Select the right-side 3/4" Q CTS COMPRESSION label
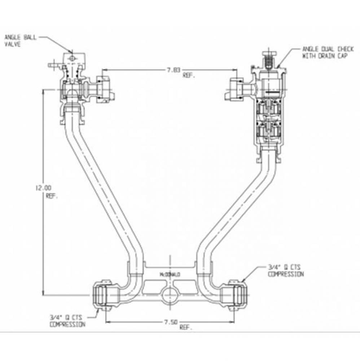(x=285, y=271)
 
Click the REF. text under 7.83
(x=188, y=76)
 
